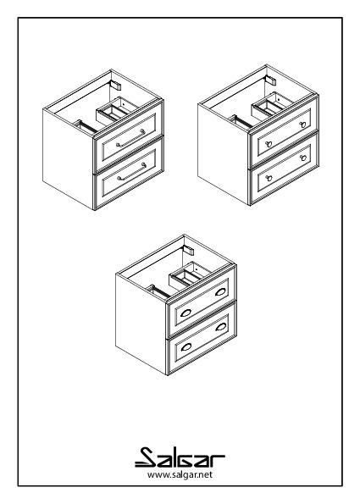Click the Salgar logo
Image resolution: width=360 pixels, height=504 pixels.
[x=180, y=457]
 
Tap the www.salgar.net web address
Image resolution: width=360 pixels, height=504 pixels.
[x=180, y=474]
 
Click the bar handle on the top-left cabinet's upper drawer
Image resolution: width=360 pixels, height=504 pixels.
[x=130, y=138]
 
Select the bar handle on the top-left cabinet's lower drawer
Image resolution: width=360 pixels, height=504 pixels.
[x=131, y=172]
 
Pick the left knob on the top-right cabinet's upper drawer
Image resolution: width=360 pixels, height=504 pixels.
[x=269, y=144]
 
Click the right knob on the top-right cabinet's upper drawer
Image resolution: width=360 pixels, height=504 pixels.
[x=302, y=125]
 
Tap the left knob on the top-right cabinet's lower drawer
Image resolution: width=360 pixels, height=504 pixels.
[x=269, y=178]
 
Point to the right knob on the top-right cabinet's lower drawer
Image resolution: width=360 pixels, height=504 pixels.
[x=302, y=158]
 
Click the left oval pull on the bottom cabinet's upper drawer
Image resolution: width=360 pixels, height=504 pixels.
[x=186, y=313]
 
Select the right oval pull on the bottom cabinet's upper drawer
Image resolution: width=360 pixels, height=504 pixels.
[x=220, y=292]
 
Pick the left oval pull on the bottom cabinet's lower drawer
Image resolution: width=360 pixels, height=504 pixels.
[x=186, y=347]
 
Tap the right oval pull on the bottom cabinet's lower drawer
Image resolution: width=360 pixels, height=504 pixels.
[x=221, y=327]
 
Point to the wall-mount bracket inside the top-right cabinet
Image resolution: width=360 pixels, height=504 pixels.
[x=271, y=80]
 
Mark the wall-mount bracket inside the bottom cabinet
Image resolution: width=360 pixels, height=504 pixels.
[x=189, y=250]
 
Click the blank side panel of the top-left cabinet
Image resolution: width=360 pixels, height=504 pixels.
[x=68, y=159]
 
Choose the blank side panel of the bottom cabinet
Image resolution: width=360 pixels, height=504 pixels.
[x=141, y=324]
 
